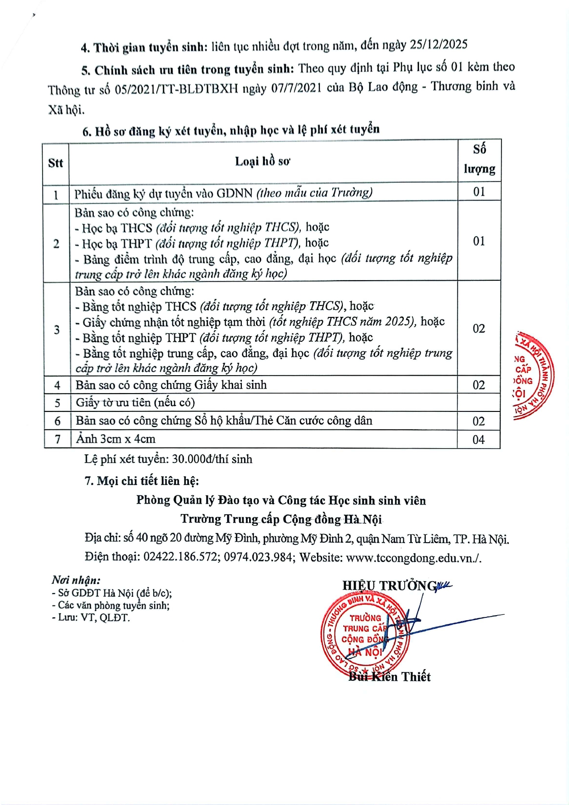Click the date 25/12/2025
coord(438,44)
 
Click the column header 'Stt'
coord(56,163)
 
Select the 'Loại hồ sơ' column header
coord(262,161)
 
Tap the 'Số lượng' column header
coord(479,159)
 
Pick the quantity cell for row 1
coord(479,192)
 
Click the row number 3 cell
coord(57,329)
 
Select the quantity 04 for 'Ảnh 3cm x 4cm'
coord(479,440)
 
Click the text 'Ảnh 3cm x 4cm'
coord(116,439)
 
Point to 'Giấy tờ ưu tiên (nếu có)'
coord(135,402)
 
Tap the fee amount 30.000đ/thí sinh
coord(212,459)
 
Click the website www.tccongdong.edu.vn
coord(412,557)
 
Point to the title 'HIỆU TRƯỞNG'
coord(390,586)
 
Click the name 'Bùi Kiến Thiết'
coord(390,677)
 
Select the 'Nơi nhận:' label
coord(76,580)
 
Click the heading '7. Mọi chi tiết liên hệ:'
coord(142,481)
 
